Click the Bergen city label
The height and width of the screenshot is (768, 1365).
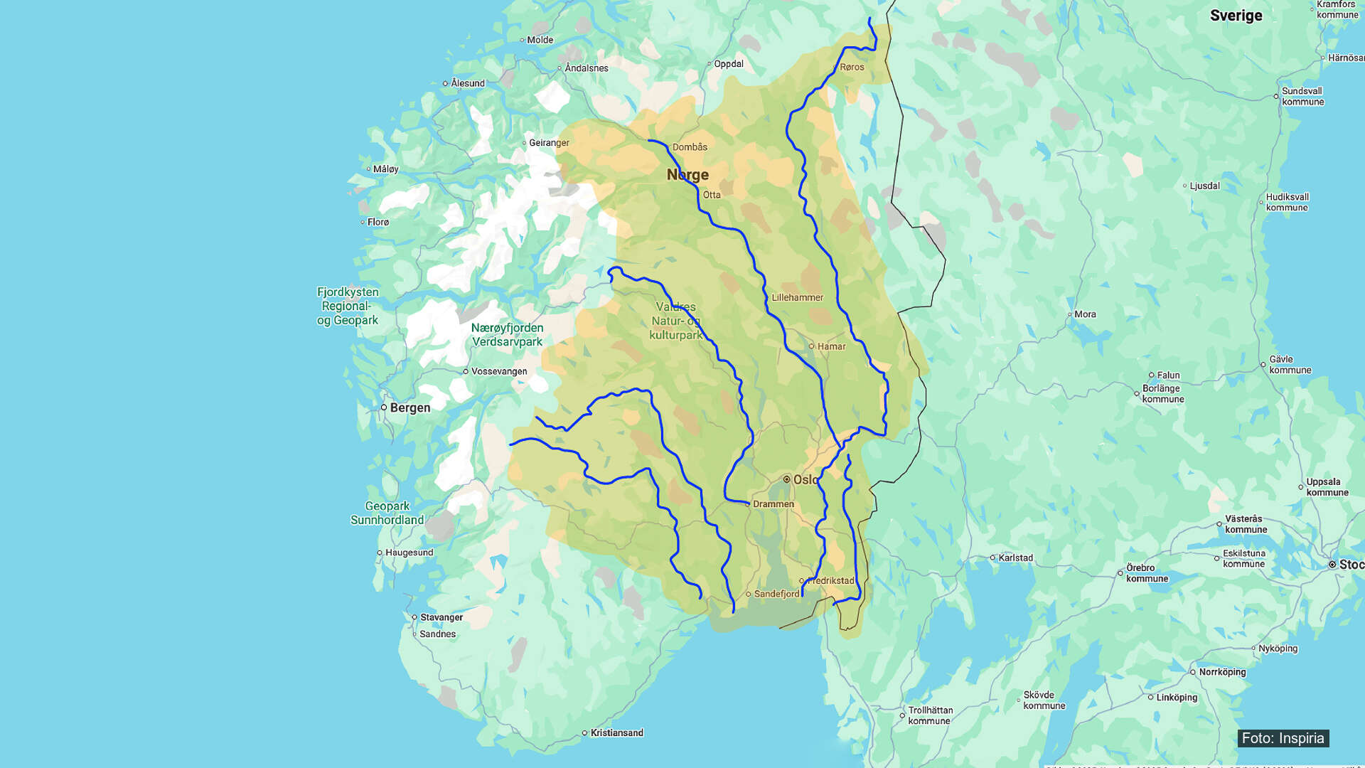coord(409,407)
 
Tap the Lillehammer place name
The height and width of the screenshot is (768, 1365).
coord(797,297)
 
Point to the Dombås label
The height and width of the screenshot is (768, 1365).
coord(689,147)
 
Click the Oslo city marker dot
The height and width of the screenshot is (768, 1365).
coord(786,479)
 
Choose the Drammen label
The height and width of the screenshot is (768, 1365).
coord(773,504)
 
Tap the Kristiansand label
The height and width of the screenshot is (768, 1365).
coord(616,732)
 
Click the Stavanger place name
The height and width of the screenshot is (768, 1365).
coord(441,617)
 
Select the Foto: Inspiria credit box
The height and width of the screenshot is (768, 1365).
coord(1283,738)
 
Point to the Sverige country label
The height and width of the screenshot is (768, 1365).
coord(1236,16)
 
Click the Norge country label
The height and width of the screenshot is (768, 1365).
coord(687,175)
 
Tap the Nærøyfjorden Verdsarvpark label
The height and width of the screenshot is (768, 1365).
coord(507,335)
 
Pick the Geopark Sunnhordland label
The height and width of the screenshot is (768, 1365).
coord(387,513)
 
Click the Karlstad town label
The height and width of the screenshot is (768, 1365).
coord(1015,558)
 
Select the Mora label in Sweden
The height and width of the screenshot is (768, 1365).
coord(1084,314)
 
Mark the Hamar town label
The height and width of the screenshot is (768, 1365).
coord(831,346)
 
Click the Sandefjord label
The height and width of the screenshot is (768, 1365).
coord(776,594)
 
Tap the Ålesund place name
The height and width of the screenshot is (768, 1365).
coord(467,83)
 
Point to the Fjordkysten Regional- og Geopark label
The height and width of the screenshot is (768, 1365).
coord(347,306)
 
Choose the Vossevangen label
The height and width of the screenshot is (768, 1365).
coord(499,371)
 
